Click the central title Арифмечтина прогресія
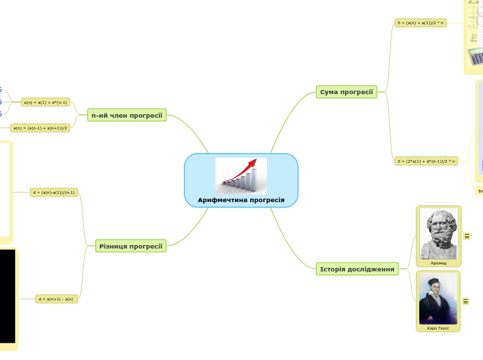pos(241,199)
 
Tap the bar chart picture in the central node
pos(240,177)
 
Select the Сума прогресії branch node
pos(346,91)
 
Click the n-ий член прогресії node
pos(127,115)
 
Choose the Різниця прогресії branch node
pos(131,246)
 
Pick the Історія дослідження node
pos(357,269)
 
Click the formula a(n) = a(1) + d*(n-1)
pos(45,102)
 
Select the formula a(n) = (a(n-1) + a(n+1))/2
pos(41,127)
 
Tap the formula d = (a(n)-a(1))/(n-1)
pos(54,192)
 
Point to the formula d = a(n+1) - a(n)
pos(56,299)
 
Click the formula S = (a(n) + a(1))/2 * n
pos(421,23)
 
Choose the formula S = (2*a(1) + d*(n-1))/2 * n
pos(425,161)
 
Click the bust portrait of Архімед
pos(438,233)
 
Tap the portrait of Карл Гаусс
pos(438,298)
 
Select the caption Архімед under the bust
pos(438,263)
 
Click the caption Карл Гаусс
pos(438,328)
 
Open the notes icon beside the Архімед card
pos(466,236)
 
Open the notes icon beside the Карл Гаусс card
pos(466,301)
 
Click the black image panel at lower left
pos(7,296)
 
